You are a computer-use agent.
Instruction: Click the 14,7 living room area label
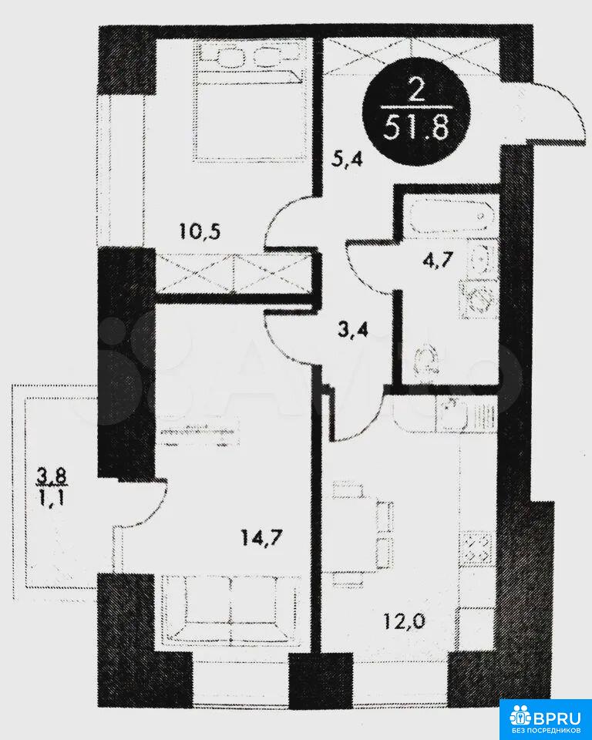click(262, 537)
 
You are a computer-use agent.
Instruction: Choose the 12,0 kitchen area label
click(405, 621)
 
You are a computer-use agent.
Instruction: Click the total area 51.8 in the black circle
click(415, 128)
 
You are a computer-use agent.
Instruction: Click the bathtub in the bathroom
click(449, 216)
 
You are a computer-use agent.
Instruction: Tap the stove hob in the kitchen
click(478, 548)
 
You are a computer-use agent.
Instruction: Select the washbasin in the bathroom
click(480, 258)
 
